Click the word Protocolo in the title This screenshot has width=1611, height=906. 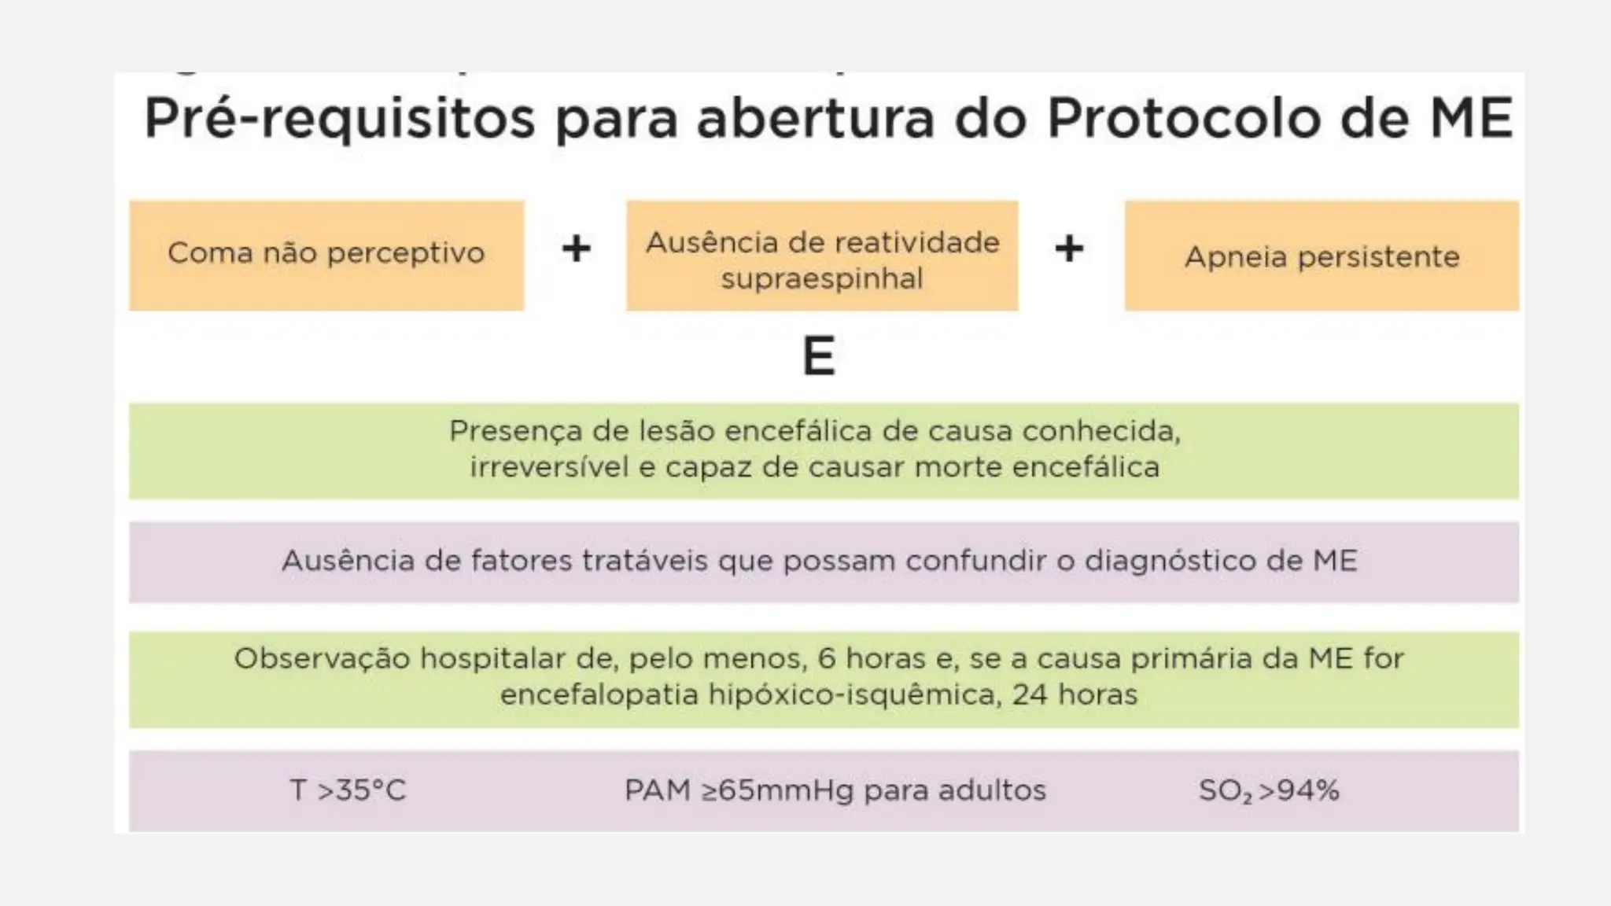point(1183,119)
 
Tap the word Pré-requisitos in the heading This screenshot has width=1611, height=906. point(340,119)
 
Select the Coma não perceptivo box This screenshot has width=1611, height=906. point(326,255)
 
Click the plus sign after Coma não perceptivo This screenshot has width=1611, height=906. point(576,249)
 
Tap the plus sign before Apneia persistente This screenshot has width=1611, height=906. point(1069,249)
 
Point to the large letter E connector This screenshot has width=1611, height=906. point(818,356)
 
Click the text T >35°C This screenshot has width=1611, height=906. point(348,790)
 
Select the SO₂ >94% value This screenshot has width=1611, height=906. point(1268,790)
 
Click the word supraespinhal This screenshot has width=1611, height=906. point(822,278)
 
